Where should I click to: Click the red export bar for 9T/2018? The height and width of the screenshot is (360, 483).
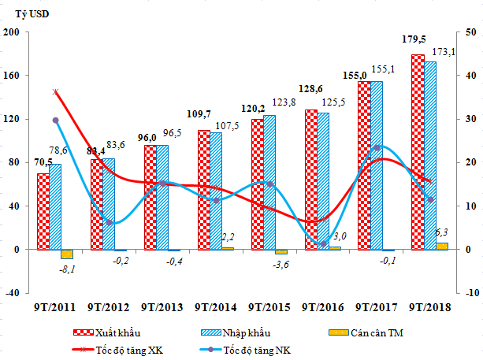click(417, 151)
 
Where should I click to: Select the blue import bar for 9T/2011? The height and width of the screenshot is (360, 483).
click(55, 206)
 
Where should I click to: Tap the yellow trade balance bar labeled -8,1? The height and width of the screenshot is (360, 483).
click(67, 254)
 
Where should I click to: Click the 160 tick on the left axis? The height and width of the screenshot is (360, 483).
click(14, 76)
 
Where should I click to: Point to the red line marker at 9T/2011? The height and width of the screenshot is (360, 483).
click(55, 92)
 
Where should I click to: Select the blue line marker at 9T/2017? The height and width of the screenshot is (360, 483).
click(377, 147)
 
